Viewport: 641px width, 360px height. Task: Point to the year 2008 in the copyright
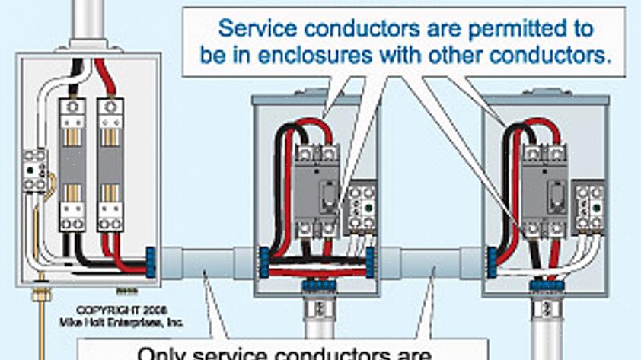click(153, 311)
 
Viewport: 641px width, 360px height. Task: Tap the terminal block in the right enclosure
click(588, 207)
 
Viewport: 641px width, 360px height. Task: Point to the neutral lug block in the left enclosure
click(34, 170)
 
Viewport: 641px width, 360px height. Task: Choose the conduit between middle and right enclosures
click(430, 263)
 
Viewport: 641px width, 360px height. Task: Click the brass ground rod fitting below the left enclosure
click(37, 294)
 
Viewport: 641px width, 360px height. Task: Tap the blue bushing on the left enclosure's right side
click(151, 260)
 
